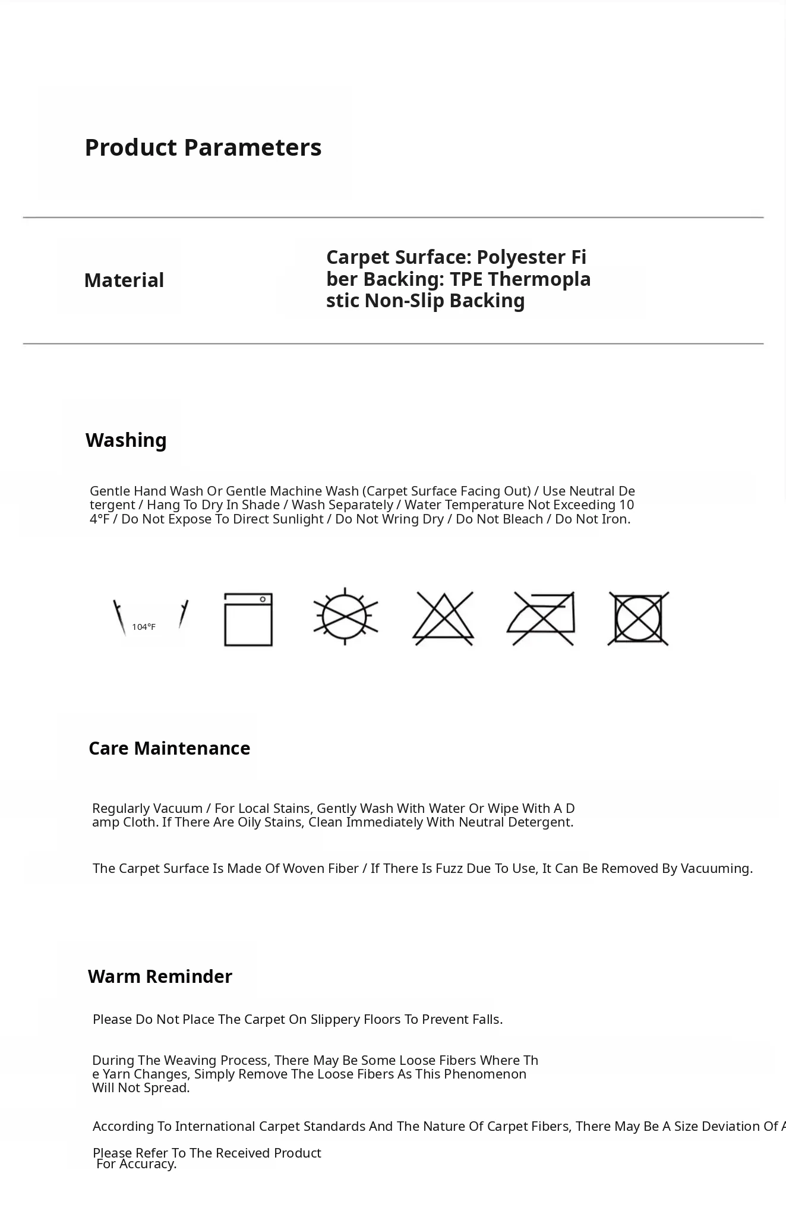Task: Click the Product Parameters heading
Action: [203, 147]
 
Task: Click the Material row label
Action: [124, 280]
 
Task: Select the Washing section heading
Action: [126, 440]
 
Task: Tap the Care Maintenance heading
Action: [169, 748]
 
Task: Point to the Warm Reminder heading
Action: [160, 976]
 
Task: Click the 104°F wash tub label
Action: [144, 627]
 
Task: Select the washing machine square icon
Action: [248, 619]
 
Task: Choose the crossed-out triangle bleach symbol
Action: [443, 619]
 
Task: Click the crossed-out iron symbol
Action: [542, 618]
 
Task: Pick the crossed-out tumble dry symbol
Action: [638, 619]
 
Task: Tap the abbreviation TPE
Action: [466, 279]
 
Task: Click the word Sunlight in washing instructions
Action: [297, 519]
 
